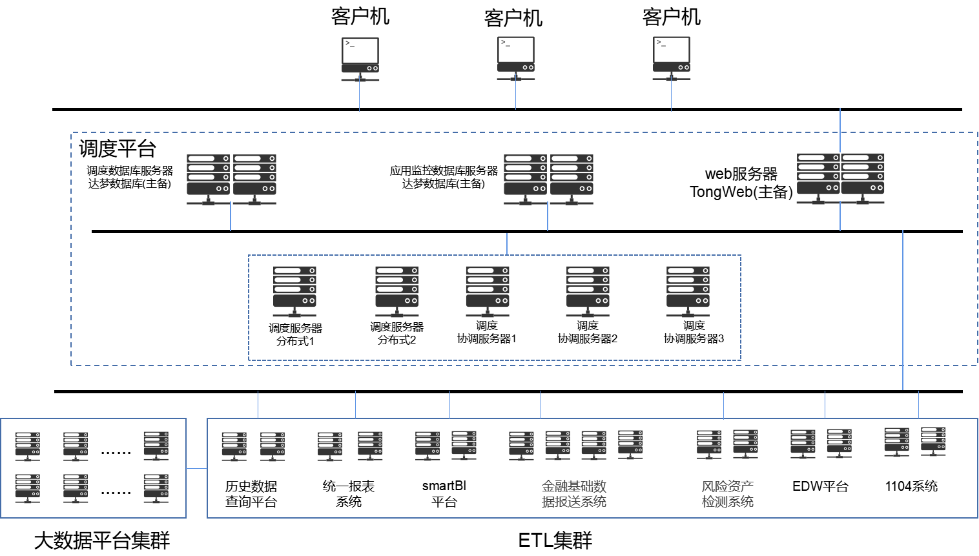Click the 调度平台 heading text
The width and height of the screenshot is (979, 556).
(118, 149)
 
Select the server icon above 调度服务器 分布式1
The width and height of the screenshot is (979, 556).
(294, 291)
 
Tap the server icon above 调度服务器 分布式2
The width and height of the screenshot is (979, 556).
(397, 291)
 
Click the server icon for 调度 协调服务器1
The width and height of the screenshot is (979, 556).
(488, 291)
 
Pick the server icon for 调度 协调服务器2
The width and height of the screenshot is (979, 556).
(588, 291)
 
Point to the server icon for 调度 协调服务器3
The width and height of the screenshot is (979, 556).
(688, 291)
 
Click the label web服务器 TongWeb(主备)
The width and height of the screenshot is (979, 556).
(741, 183)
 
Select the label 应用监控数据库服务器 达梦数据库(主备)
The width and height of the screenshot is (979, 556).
(444, 177)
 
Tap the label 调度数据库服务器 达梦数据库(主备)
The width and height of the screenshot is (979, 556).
(130, 177)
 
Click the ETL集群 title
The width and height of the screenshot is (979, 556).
(555, 541)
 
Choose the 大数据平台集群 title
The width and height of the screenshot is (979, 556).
(102, 541)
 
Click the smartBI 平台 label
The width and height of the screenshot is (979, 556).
(444, 493)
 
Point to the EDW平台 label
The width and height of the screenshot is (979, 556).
(820, 486)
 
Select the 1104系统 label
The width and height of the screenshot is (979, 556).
(911, 486)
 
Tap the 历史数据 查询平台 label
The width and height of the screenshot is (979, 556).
(251, 494)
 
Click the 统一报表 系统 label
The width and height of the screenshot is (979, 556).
(348, 494)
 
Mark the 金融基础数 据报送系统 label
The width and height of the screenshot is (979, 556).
(574, 494)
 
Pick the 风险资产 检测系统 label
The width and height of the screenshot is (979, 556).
(727, 494)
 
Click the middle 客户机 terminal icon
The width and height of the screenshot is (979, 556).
(516, 59)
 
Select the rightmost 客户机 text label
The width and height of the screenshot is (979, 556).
(672, 17)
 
